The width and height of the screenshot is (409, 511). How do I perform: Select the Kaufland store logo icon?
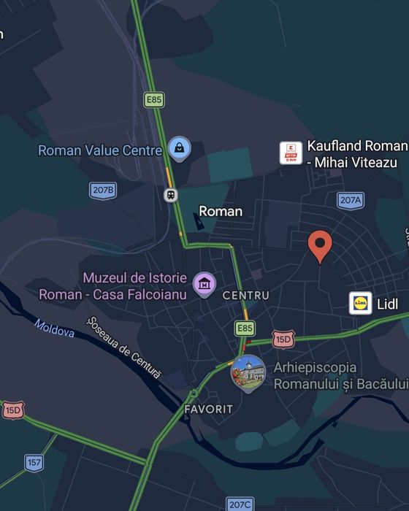pyautogui.click(x=291, y=153)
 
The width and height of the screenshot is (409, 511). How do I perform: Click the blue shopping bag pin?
pyautogui.click(x=179, y=149)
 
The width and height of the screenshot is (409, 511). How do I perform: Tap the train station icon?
pyautogui.click(x=171, y=195)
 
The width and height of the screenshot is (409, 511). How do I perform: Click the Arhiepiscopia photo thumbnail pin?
pyautogui.click(x=248, y=373)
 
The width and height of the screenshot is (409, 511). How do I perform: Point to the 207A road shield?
pyautogui.click(x=351, y=199)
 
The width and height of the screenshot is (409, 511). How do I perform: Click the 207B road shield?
pyautogui.click(x=103, y=191)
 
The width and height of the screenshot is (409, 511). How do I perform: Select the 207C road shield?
pyautogui.click(x=240, y=504)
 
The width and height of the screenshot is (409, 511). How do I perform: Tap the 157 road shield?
pyautogui.click(x=34, y=462)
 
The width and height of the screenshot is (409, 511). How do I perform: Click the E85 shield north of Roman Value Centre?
pyautogui.click(x=153, y=99)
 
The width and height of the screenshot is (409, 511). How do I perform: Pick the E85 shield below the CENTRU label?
pyautogui.click(x=245, y=328)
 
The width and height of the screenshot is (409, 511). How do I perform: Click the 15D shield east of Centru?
pyautogui.click(x=283, y=339)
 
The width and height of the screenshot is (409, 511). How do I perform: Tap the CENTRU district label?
pyautogui.click(x=245, y=296)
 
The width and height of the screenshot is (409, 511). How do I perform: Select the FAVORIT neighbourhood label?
pyautogui.click(x=209, y=409)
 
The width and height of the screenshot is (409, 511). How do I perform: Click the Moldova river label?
pyautogui.click(x=55, y=329)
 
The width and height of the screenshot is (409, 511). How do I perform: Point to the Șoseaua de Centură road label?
pyautogui.click(x=123, y=347)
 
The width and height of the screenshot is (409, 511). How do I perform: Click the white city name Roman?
pyautogui.click(x=221, y=211)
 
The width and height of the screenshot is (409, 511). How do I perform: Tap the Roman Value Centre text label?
pyautogui.click(x=100, y=150)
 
